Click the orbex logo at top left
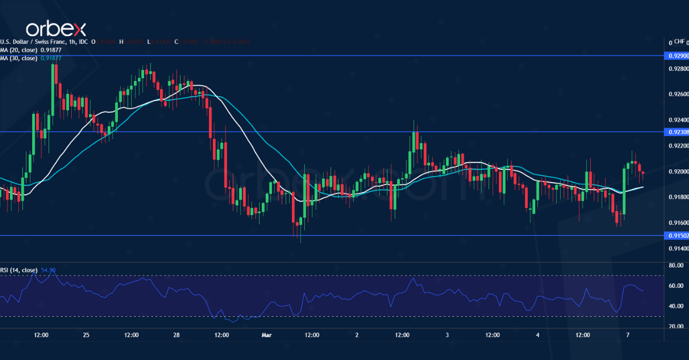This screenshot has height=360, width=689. click(x=56, y=29)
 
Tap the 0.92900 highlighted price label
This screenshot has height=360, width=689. click(x=675, y=56)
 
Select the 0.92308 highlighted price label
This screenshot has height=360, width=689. click(x=675, y=132)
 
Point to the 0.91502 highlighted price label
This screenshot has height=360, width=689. click(x=675, y=235)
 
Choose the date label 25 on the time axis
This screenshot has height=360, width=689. click(x=86, y=335)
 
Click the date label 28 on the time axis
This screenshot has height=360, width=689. click(x=176, y=335)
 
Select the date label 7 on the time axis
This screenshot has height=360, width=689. click(x=628, y=335)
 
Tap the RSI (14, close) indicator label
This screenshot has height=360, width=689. click(x=19, y=270)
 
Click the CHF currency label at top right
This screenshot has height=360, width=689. click(x=680, y=41)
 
